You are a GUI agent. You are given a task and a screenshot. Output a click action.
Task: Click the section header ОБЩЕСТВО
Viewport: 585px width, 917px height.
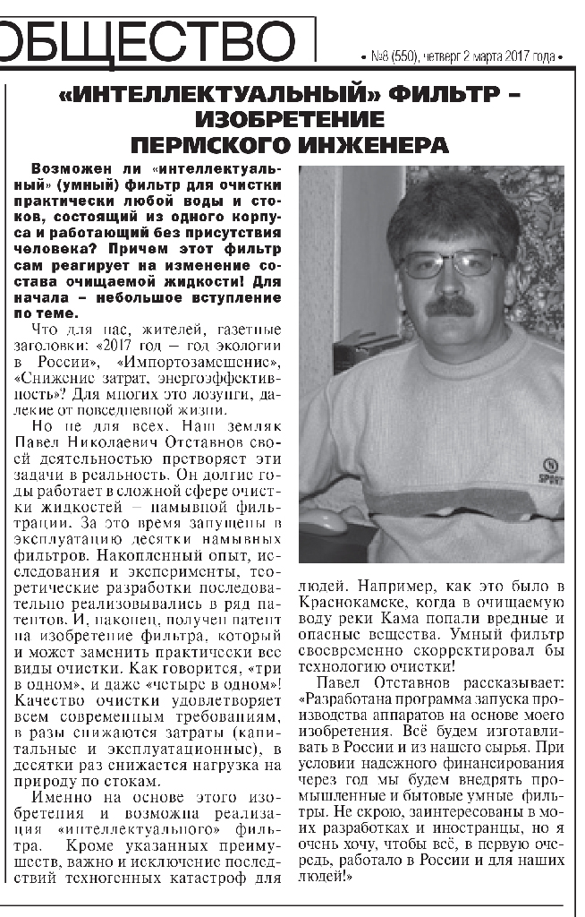[148, 39]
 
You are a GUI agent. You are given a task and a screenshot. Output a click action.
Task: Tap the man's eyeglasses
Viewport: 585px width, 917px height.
[452, 262]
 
